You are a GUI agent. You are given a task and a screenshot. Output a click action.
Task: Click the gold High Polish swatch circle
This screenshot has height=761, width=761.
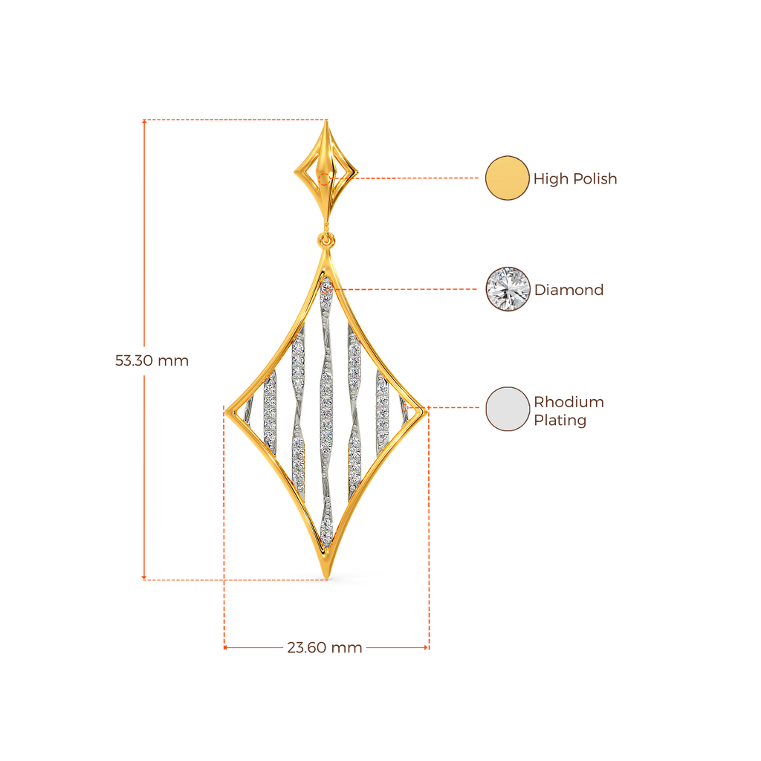pos(507,178)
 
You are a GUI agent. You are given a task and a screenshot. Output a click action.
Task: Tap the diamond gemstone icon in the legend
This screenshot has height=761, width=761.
pos(508,289)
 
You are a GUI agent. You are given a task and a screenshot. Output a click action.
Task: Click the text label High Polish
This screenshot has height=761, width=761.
pos(575,178)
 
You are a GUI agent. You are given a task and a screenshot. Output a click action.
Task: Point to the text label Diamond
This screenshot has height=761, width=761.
pos(569,290)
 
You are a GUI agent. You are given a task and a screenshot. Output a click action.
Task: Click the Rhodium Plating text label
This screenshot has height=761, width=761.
pos(569,411)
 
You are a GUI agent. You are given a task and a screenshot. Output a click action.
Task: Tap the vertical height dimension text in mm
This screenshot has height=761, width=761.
pos(152,361)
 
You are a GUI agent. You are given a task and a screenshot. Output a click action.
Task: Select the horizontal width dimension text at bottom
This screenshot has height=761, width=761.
pos(325,647)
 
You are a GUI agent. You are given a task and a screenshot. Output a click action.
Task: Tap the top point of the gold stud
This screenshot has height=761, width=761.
pos(326,123)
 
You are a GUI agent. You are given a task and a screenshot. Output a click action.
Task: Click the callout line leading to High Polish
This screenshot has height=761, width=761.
pos(416,178)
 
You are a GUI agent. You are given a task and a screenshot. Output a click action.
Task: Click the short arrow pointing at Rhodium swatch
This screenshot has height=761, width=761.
pos(470,408)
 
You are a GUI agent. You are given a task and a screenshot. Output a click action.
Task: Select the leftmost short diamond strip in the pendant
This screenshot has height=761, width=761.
pos(269,409)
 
